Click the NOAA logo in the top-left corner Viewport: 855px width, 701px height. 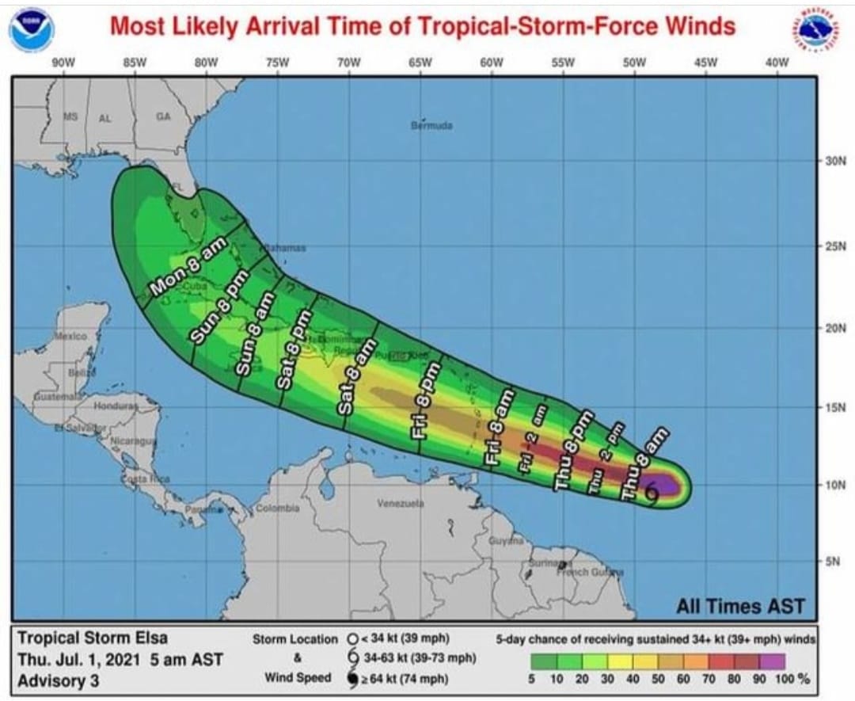pyautogui.click(x=32, y=29)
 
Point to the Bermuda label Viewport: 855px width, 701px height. pyautogui.click(x=431, y=125)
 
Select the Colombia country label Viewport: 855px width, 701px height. pyautogui.click(x=277, y=508)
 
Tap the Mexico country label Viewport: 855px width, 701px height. pyautogui.click(x=70, y=336)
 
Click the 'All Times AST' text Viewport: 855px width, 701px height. pyautogui.click(x=739, y=607)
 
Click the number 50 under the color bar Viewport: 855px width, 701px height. pyautogui.click(x=660, y=679)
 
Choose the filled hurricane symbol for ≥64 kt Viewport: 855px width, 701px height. pyautogui.click(x=352, y=678)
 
